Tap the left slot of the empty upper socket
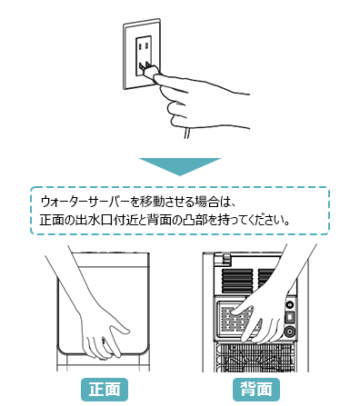[x=140, y=46]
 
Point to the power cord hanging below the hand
[x=187, y=134]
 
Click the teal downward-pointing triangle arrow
[x=180, y=166]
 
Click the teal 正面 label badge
[x=105, y=390]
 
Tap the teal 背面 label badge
[x=256, y=390]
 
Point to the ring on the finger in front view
[x=104, y=342]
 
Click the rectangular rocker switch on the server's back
[x=290, y=318]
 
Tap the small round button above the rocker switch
[x=290, y=304]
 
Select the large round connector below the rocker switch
[x=290, y=332]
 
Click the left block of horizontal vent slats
[x=237, y=280]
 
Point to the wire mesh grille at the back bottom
[x=255, y=357]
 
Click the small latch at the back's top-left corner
[x=225, y=257]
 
